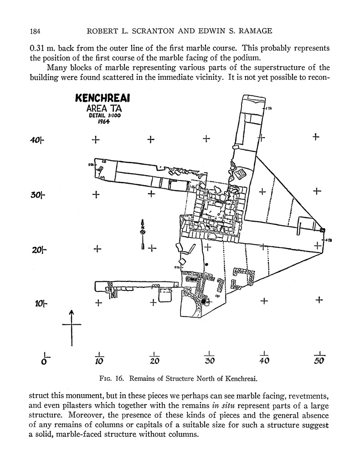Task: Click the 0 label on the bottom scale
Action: pyautogui.click(x=44, y=361)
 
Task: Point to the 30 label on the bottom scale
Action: pyautogui.click(x=209, y=361)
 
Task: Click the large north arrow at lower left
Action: pyautogui.click(x=71, y=326)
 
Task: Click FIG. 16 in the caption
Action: pyautogui.click(x=109, y=378)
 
